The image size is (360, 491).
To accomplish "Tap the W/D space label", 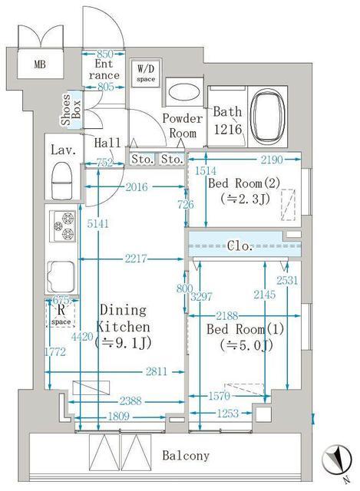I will coord(145,74).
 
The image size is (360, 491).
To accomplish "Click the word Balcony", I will coord(186,456).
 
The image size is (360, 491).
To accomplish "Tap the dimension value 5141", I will coord(92,223).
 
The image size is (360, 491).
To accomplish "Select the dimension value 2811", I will coord(157,371).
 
